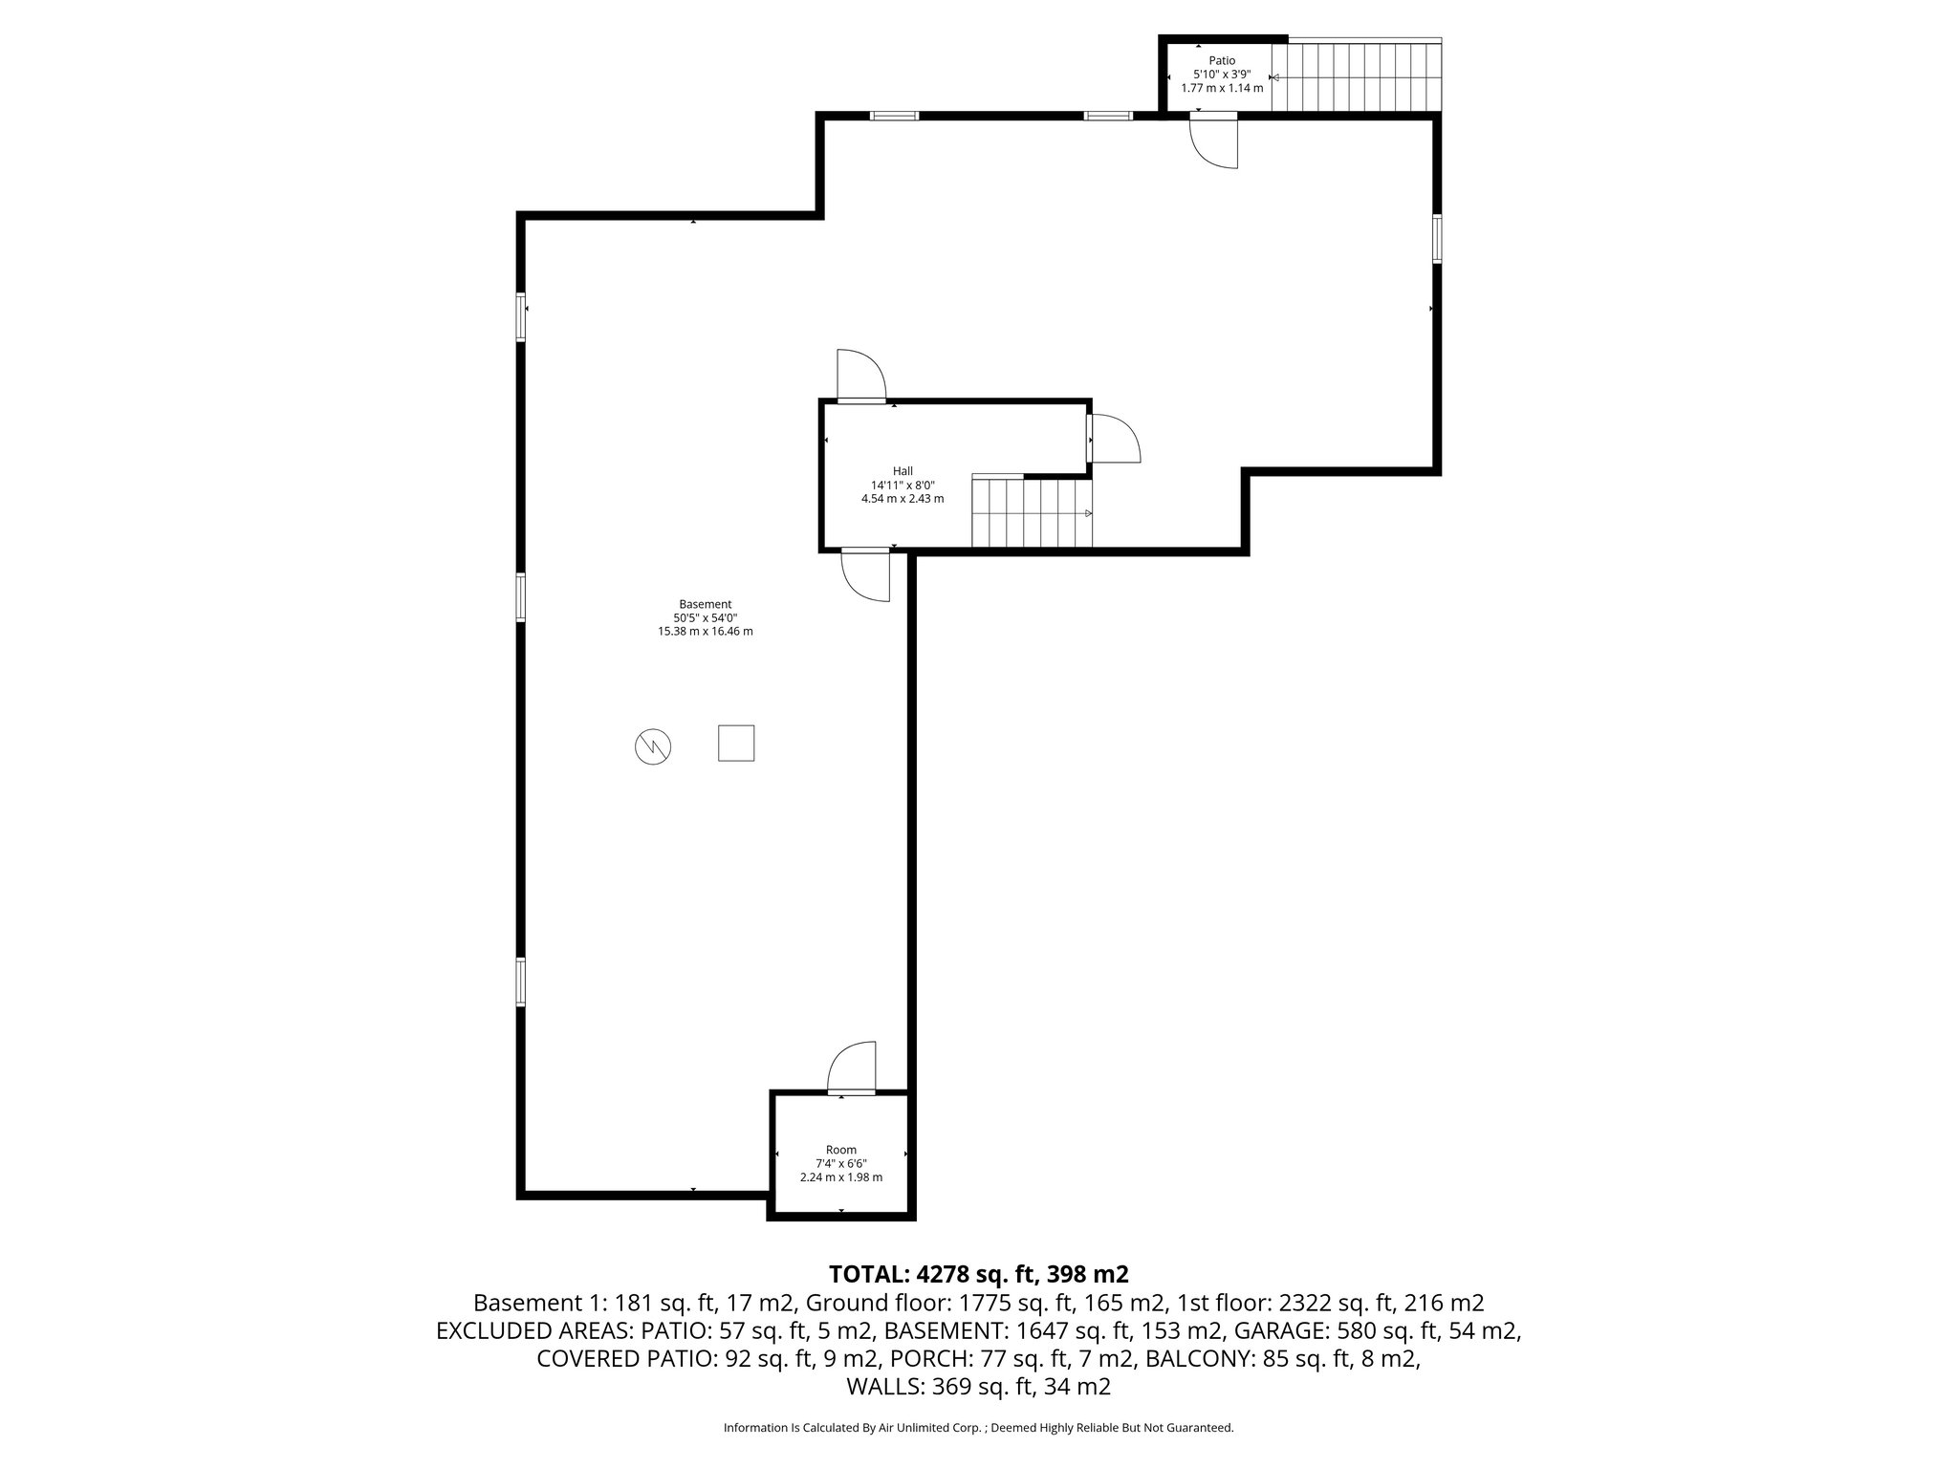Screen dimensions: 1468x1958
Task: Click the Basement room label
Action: [705, 604]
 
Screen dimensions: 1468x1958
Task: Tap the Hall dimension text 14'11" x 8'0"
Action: [902, 485]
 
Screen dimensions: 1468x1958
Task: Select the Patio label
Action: [1221, 61]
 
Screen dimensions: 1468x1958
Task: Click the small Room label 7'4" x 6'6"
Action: [840, 1163]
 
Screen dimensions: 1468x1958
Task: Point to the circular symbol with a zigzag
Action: [652, 746]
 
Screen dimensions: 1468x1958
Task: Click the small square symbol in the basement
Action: [735, 743]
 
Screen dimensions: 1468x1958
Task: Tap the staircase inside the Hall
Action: [1032, 513]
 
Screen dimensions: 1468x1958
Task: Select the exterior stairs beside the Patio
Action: [1357, 76]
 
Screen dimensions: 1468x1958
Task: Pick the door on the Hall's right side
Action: [1113, 439]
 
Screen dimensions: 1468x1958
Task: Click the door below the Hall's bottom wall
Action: [866, 576]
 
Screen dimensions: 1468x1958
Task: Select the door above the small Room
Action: [852, 1068]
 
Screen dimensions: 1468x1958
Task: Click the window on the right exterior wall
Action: [1437, 238]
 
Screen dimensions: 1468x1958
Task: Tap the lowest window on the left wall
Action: [521, 982]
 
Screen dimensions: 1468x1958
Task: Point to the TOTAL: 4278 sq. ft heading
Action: [978, 1274]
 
